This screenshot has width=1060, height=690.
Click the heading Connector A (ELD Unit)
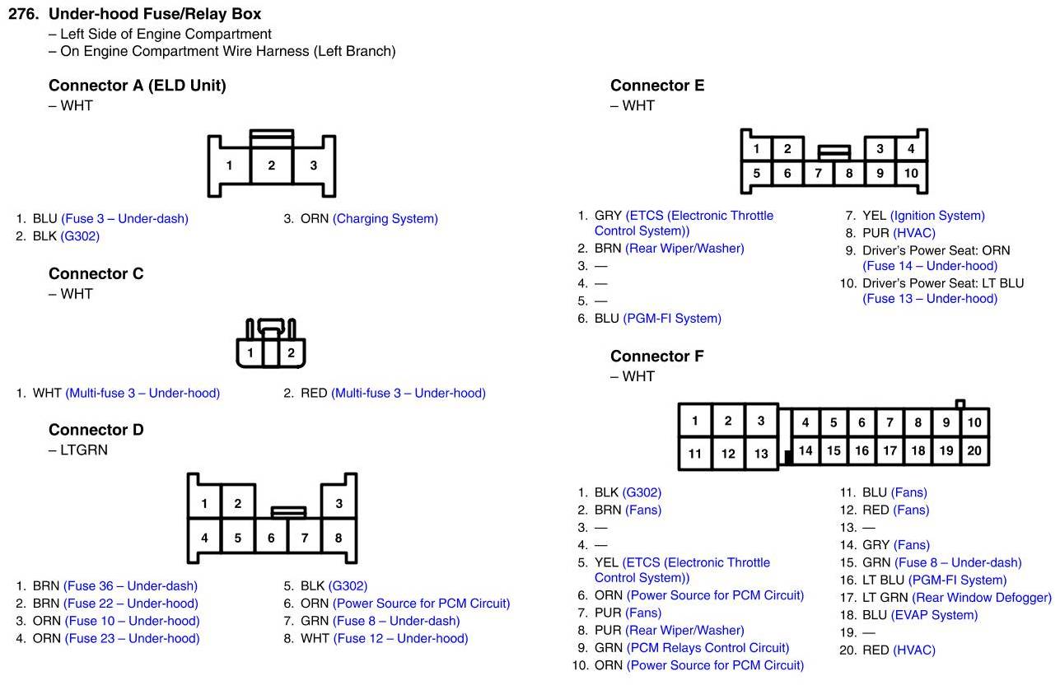(137, 86)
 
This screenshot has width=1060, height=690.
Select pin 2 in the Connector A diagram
(271, 166)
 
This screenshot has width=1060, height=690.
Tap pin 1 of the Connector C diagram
(250, 353)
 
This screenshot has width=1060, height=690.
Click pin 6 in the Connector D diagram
(271, 538)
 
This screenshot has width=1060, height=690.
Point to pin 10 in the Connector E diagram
(910, 173)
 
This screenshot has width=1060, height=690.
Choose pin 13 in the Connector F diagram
(761, 453)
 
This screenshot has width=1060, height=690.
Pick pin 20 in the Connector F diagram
(974, 450)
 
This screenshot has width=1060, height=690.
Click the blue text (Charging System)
(385, 219)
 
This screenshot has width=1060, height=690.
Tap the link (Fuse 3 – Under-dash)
(124, 219)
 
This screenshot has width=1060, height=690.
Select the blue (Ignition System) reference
(936, 216)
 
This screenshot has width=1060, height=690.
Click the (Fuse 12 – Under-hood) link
(400, 638)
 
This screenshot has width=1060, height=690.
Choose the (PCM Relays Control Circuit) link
(707, 648)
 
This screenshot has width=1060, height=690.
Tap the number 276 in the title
(24, 14)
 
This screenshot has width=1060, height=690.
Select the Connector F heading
(656, 357)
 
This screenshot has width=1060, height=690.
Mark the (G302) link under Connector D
(348, 586)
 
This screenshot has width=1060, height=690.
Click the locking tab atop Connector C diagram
(270, 326)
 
